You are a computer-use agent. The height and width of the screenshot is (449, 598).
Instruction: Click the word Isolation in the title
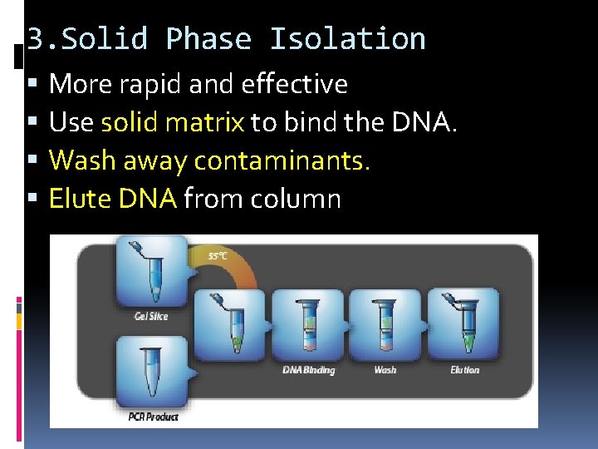click(x=347, y=39)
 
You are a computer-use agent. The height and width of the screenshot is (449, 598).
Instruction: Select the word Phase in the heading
click(x=208, y=39)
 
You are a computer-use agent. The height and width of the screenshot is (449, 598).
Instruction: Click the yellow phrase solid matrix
click(x=172, y=122)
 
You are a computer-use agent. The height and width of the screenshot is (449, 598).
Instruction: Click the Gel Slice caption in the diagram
click(x=150, y=316)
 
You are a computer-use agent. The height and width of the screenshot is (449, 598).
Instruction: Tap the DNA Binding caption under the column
click(x=309, y=370)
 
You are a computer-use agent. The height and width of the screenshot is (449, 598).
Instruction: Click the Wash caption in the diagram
click(x=385, y=370)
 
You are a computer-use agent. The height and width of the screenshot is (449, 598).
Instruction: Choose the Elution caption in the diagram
click(x=464, y=370)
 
